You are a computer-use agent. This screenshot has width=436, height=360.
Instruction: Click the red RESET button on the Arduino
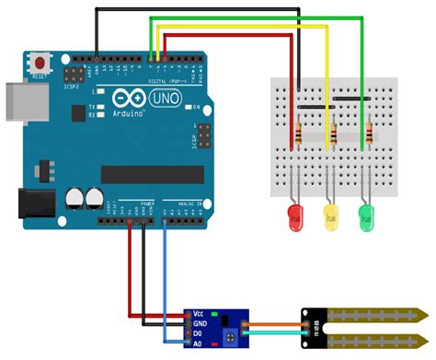point(40,64)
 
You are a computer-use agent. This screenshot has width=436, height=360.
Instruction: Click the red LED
point(296,216)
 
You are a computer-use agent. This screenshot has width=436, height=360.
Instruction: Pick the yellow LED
point(330,217)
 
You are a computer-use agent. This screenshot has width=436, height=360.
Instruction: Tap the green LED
point(368,217)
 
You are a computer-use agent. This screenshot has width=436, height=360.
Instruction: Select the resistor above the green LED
point(370,136)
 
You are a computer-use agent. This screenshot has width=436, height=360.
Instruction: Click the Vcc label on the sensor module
point(200,315)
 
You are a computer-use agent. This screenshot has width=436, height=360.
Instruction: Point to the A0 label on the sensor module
point(200,343)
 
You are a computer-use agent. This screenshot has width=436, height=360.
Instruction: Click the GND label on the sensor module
point(201,324)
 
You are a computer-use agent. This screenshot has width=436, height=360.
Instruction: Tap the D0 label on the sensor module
point(200,333)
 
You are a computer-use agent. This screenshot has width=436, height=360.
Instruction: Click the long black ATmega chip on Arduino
point(152,174)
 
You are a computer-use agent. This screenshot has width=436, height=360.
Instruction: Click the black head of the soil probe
point(316,328)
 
